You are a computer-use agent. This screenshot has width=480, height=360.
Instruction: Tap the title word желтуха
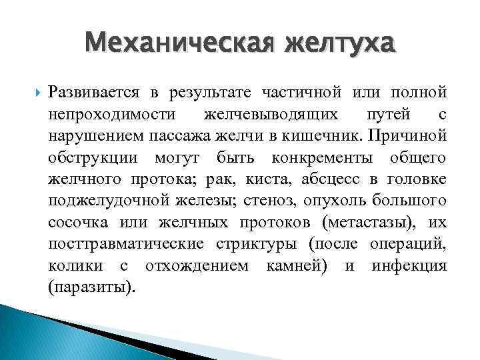coord(339,45)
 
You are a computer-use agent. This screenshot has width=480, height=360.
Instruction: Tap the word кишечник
coord(342,137)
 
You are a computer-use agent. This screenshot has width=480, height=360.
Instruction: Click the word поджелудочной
coord(105,201)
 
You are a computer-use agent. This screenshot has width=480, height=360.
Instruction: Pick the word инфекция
coord(409,266)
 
